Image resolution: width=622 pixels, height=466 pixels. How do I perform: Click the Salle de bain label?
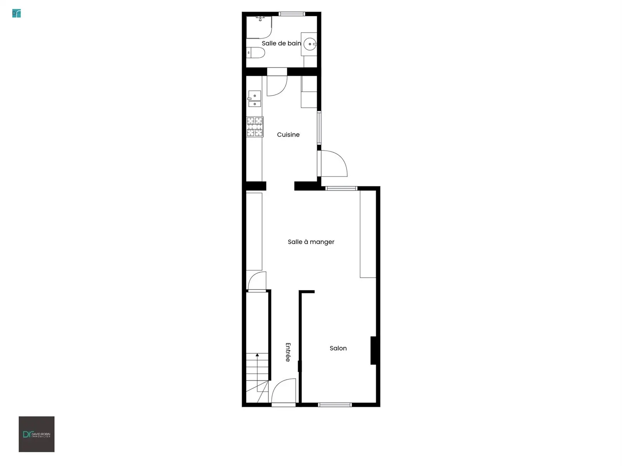click(281, 43)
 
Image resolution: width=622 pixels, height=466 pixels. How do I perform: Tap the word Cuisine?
click(288, 135)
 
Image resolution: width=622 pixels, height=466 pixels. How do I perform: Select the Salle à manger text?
click(311, 242)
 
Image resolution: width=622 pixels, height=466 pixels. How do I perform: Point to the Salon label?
click(338, 348)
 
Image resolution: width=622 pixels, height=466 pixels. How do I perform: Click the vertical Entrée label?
click(288, 352)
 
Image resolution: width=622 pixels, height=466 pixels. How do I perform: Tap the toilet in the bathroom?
click(255, 53)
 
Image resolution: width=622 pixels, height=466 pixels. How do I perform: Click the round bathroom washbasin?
click(310, 44)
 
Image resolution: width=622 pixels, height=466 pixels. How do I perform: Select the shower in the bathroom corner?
click(259, 27)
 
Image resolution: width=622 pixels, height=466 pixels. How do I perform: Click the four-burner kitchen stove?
click(255, 127)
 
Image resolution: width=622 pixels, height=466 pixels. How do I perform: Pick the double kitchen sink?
click(255, 99)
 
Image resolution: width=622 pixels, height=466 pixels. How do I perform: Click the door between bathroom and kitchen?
click(277, 82)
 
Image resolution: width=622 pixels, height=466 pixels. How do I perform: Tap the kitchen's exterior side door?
click(333, 163)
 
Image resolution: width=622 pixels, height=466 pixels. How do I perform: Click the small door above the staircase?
click(257, 281)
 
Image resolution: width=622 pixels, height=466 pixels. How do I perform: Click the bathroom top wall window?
click(291, 13)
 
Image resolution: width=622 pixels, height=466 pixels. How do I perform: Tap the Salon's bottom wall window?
click(335, 405)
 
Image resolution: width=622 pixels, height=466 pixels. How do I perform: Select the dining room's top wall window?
click(341, 188)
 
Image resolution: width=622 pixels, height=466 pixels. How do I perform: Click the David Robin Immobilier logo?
click(36, 434)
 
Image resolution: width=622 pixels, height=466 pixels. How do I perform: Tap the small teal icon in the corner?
click(17, 13)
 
